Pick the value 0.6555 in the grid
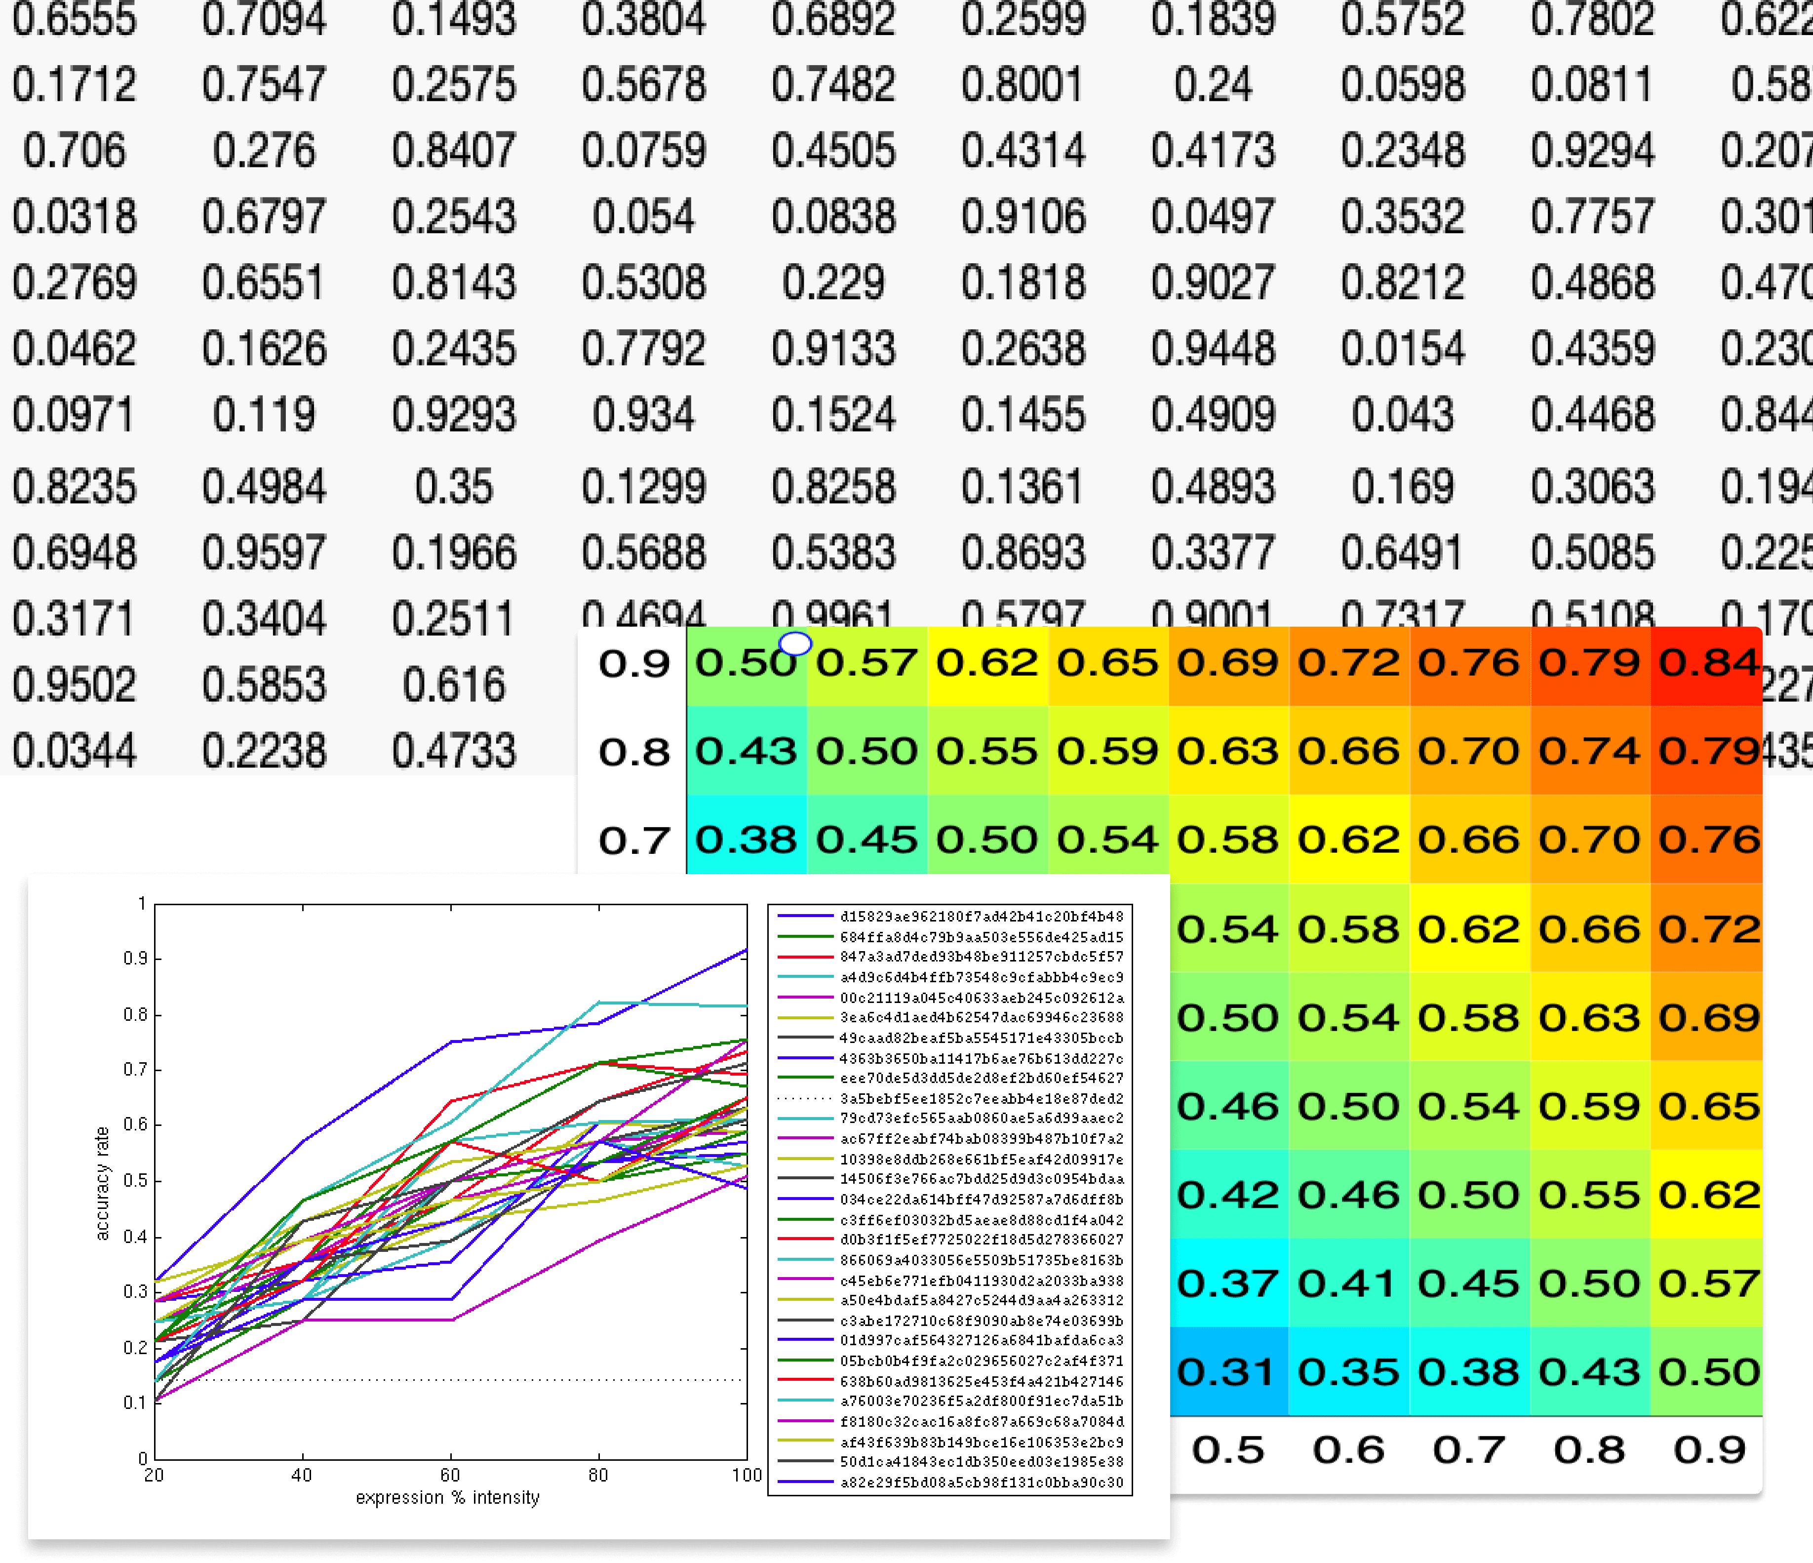pos(75,19)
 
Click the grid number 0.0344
pos(75,751)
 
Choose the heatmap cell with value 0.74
pos(1588,751)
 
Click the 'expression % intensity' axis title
pos(447,1497)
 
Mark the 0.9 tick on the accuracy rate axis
pos(135,958)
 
